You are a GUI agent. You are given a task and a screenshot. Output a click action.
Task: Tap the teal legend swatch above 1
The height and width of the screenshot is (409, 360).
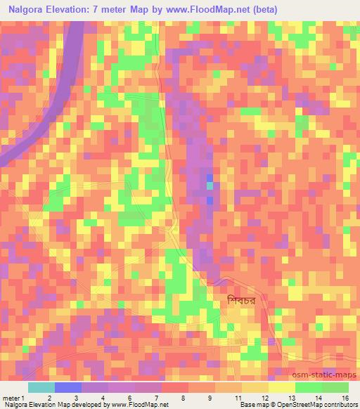(41, 387)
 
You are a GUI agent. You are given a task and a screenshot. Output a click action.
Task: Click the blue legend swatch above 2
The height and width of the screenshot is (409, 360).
(68, 387)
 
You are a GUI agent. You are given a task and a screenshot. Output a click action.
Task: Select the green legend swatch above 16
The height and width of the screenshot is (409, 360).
(335, 387)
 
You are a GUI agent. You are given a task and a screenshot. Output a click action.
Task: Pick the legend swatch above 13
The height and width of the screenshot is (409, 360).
(282, 387)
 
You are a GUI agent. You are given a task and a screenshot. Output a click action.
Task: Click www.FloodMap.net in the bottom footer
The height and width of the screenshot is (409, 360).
(137, 405)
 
